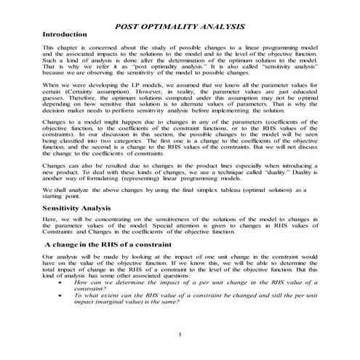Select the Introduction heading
pyautogui.click(x=68, y=35)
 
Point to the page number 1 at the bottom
pyautogui.click(x=180, y=333)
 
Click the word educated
pyautogui.click(x=303, y=93)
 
